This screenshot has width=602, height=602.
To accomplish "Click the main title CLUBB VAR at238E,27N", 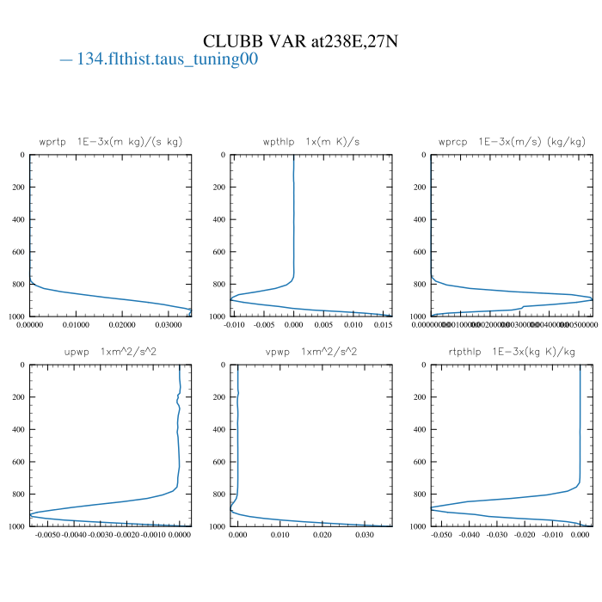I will [x=300, y=41].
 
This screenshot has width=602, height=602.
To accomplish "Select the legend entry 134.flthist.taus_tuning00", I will [x=159, y=60].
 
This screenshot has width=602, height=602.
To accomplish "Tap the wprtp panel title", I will [x=111, y=141].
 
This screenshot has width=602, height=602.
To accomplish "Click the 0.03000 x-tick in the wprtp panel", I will [x=169, y=326].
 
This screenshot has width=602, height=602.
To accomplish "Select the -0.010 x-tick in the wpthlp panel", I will [x=235, y=326].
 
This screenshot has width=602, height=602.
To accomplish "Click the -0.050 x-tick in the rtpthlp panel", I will [x=440, y=536].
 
